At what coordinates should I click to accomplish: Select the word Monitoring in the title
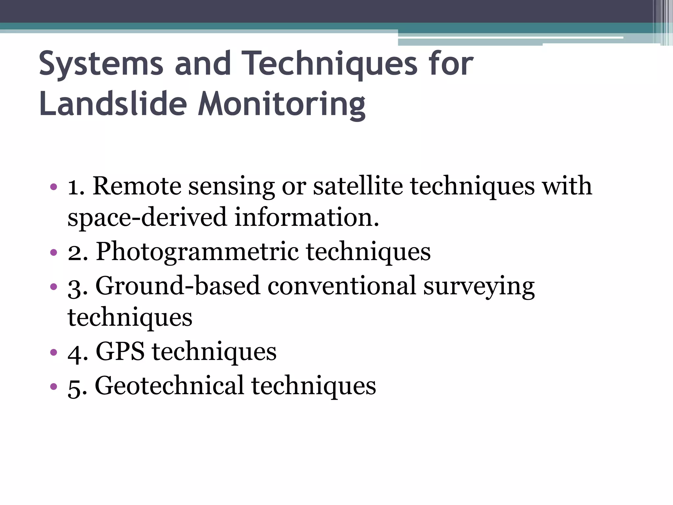[x=281, y=104]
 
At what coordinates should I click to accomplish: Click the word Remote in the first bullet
[x=136, y=186]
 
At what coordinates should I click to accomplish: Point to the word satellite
[x=358, y=186]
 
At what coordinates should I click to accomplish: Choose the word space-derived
[x=147, y=218]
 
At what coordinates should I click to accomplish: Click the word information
[x=307, y=218]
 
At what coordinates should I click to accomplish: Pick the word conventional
[x=342, y=286]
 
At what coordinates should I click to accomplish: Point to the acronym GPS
[x=120, y=352]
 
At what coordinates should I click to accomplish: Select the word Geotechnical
[x=169, y=385]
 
